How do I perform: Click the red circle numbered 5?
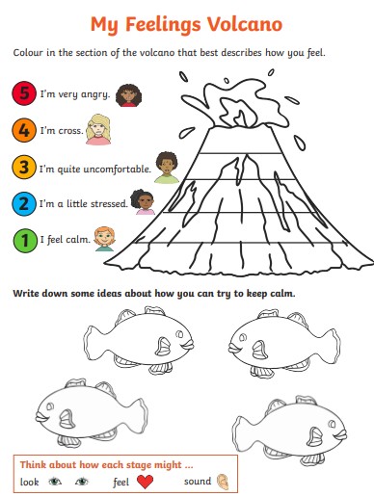24,93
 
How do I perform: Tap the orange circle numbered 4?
24,130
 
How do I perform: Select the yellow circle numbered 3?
24,167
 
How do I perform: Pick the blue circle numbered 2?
24,203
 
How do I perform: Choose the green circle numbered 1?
25,241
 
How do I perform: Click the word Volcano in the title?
244,24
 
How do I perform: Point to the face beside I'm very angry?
128,95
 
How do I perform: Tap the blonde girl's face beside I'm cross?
98,130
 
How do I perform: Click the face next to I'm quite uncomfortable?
167,168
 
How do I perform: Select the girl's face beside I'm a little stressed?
143,202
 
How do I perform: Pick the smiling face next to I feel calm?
104,239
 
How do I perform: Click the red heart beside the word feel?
145,482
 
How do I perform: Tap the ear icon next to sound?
223,482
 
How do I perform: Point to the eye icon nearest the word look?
55,482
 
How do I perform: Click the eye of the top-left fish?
179,335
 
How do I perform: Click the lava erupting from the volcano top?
236,103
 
